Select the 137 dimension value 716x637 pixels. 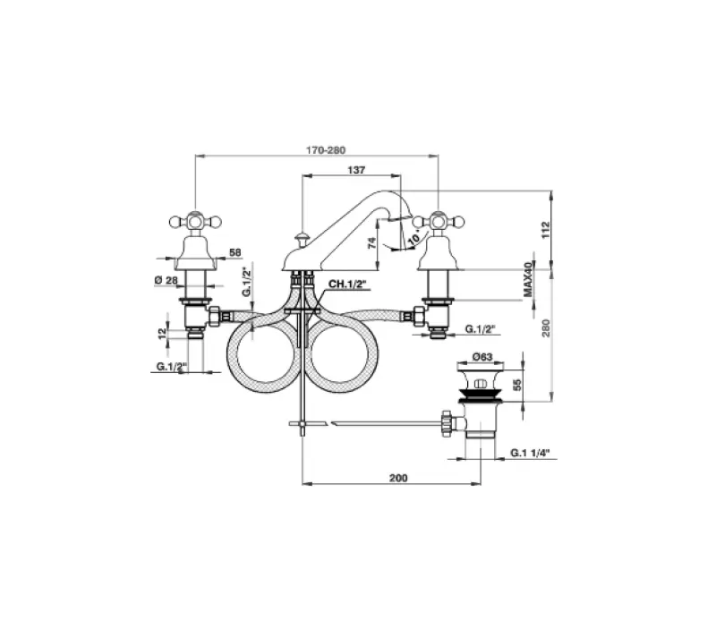click(x=355, y=169)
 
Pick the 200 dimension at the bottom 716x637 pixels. click(x=398, y=479)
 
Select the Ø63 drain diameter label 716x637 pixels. click(x=484, y=357)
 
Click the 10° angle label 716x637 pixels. click(x=413, y=236)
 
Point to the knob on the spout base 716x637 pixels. click(x=302, y=237)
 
